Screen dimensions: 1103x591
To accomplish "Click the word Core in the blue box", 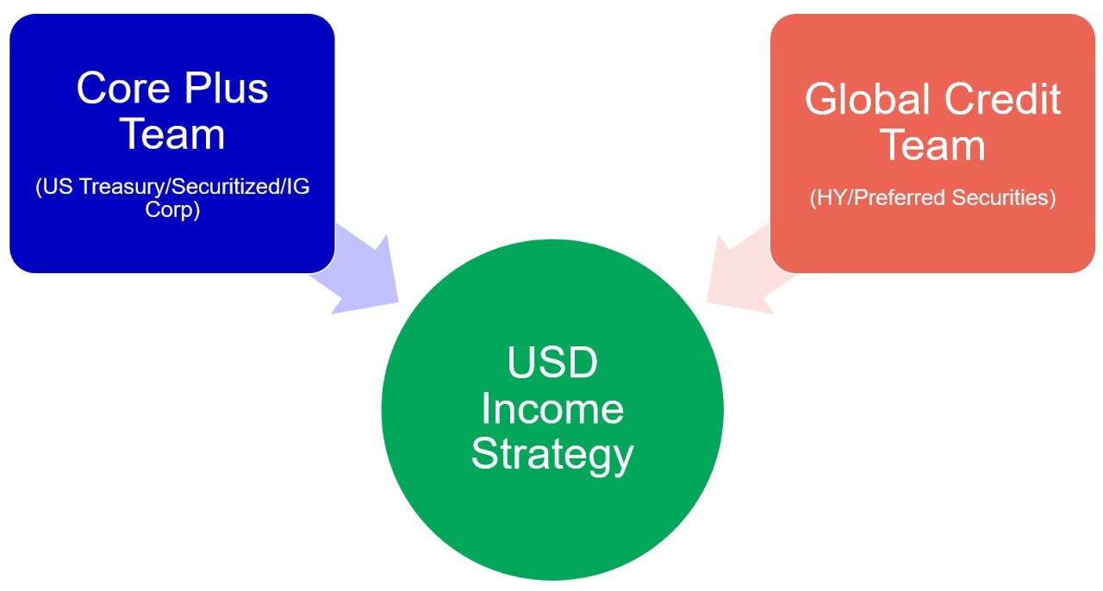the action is (x=123, y=88).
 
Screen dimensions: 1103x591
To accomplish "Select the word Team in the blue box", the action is (x=172, y=134).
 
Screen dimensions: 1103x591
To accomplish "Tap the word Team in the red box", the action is (x=932, y=145).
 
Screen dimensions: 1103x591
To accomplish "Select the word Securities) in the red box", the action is (x=1004, y=198).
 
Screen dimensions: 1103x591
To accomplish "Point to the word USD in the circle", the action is (x=552, y=363).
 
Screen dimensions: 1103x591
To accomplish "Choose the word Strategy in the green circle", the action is (x=552, y=456).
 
